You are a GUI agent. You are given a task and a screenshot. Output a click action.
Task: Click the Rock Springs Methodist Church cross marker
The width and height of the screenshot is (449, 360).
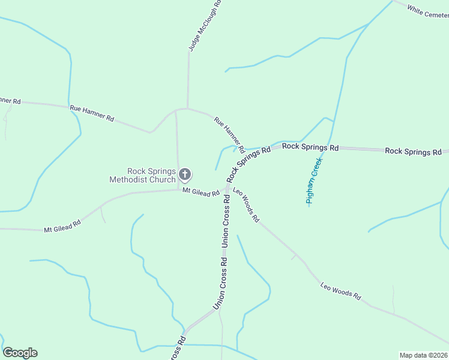tap(185, 175)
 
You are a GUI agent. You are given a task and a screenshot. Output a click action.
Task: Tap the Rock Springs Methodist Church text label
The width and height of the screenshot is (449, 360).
tap(142, 175)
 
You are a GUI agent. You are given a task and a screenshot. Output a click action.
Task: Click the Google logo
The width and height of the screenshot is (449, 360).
tap(20, 353)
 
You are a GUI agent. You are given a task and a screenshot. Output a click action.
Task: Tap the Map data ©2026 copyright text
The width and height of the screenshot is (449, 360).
tap(423, 355)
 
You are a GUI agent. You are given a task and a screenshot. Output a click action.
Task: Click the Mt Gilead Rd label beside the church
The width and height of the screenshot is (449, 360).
tap(201, 193)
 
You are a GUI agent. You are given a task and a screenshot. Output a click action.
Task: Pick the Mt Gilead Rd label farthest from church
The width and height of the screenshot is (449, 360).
tap(62, 227)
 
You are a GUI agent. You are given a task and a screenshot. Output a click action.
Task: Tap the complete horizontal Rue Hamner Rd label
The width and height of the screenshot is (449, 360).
tap(92, 113)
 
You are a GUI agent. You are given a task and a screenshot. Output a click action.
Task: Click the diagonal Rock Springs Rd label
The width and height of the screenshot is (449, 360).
tap(249, 163)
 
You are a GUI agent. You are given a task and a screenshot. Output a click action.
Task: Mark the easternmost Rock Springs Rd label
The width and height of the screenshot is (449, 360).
tap(413, 151)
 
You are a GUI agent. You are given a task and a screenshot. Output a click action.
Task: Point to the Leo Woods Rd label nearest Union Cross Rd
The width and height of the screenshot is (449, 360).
tap(246, 206)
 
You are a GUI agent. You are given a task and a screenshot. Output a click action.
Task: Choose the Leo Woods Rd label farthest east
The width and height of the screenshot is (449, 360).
tap(341, 292)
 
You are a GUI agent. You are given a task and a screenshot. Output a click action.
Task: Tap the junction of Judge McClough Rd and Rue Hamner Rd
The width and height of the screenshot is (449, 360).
tap(188, 109)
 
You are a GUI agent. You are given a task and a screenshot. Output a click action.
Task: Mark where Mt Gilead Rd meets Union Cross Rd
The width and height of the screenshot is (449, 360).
tap(226, 188)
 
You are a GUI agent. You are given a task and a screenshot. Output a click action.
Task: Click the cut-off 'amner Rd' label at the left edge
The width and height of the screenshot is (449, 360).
tap(10, 101)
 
